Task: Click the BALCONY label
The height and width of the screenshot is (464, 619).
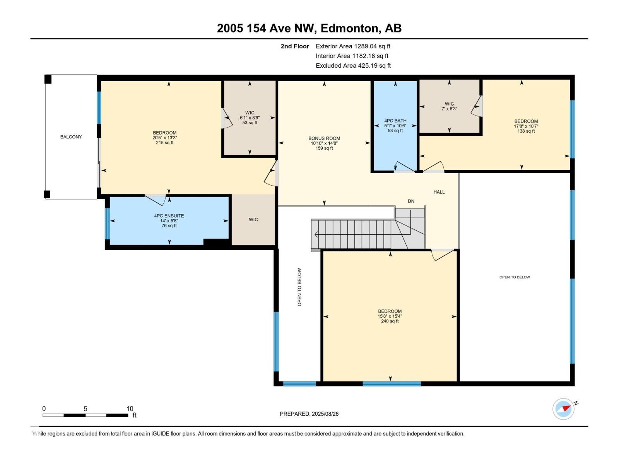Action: pyautogui.click(x=71, y=137)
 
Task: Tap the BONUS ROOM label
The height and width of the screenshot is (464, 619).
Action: pyautogui.click(x=324, y=138)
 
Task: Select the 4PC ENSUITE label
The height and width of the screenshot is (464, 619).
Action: pyautogui.click(x=169, y=216)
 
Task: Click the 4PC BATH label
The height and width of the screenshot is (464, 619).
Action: pyautogui.click(x=395, y=121)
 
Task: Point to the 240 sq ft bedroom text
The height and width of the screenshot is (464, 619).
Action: pyautogui.click(x=390, y=321)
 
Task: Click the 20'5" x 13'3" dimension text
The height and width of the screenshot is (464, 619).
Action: pyautogui.click(x=164, y=138)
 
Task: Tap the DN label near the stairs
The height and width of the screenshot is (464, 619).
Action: pyautogui.click(x=411, y=201)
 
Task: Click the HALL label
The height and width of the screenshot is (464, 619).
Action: pyautogui.click(x=439, y=192)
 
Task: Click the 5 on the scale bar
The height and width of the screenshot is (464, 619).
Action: pyautogui.click(x=85, y=409)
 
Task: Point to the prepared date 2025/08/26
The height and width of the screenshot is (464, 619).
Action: pyautogui.click(x=309, y=414)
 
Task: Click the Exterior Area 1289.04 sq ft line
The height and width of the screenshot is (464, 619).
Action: pyautogui.click(x=353, y=46)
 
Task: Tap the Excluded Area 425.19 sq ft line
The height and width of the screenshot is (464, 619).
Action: pyautogui.click(x=353, y=65)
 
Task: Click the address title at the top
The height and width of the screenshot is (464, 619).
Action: pyautogui.click(x=309, y=28)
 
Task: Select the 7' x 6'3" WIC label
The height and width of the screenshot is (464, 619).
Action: pyautogui.click(x=449, y=106)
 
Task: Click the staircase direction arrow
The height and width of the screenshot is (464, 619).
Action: pyautogui.click(x=316, y=234)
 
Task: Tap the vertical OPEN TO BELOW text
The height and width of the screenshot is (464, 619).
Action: pyautogui.click(x=299, y=287)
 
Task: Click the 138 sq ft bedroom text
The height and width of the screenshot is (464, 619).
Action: pyautogui.click(x=526, y=131)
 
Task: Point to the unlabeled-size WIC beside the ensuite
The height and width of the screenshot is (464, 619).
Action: pyautogui.click(x=253, y=220)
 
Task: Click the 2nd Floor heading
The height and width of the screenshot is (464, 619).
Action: pyautogui.click(x=295, y=46)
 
